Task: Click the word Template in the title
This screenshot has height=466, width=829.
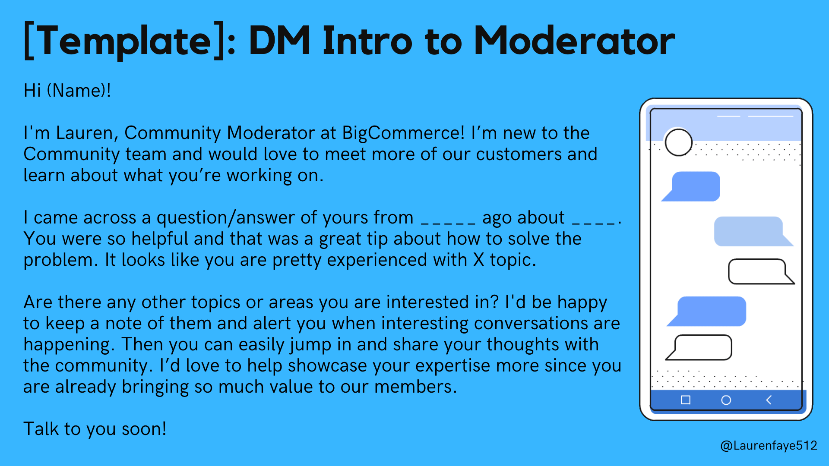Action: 124,41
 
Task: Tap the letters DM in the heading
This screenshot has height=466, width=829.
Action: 279,41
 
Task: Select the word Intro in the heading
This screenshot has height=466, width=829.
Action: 367,41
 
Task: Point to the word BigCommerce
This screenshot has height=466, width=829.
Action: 403,133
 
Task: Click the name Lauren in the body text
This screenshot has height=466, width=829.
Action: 87,133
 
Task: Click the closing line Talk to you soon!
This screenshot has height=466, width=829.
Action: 95,429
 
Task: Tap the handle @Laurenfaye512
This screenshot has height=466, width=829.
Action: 769,445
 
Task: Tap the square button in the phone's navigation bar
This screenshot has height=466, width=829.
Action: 685,400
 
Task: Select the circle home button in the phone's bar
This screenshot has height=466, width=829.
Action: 726,400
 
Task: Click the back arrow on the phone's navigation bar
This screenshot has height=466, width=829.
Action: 769,400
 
